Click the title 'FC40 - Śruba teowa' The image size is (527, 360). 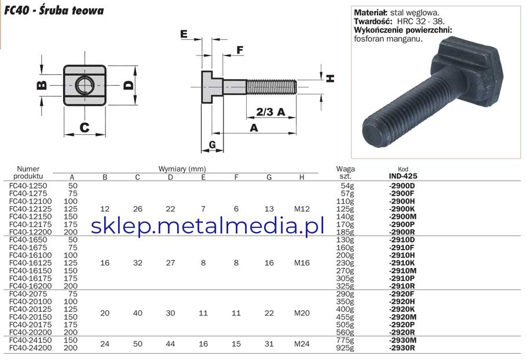pos(54,10)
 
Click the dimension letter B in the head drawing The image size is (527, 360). pos(42,85)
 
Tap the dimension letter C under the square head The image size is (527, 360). pos(85,127)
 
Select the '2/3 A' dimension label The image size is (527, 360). pos(270,112)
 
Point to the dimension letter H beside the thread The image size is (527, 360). pos(331,79)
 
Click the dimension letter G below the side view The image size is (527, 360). pos(213,144)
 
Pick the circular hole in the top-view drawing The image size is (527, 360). pos(85,85)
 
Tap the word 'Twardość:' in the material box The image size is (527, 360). pos(373,21)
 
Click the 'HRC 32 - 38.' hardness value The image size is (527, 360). pos(421,21)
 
